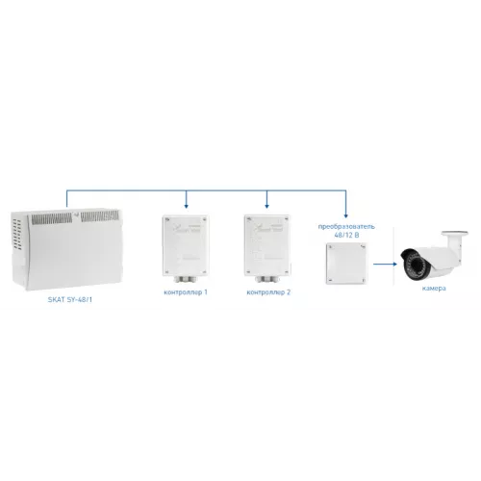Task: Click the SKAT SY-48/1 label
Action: (70, 299)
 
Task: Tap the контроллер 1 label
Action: (186, 292)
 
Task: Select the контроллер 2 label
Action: (268, 292)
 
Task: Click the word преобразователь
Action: (346, 226)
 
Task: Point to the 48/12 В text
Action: (346, 235)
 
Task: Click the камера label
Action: (434, 288)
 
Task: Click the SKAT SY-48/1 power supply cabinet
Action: (66, 249)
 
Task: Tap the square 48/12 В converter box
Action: (346, 264)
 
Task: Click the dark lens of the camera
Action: (415, 265)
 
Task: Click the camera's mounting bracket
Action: (454, 238)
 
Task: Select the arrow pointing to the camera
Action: (386, 265)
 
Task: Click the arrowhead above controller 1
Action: (187, 206)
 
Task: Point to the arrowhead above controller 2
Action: (266, 206)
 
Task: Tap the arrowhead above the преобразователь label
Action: (345, 215)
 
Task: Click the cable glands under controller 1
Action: (186, 279)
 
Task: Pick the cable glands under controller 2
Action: (267, 279)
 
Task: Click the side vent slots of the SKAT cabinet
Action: (17, 235)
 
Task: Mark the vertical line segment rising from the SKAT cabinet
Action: (66, 199)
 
